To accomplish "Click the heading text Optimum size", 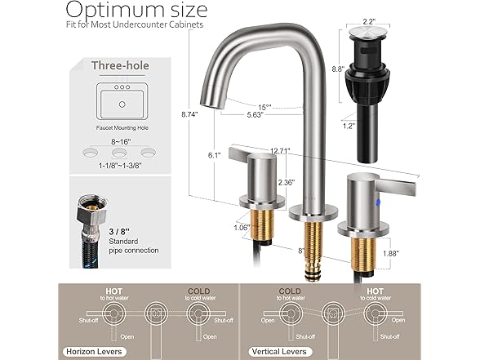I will pos(136,11).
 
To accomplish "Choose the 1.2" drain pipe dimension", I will pos(348,127).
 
